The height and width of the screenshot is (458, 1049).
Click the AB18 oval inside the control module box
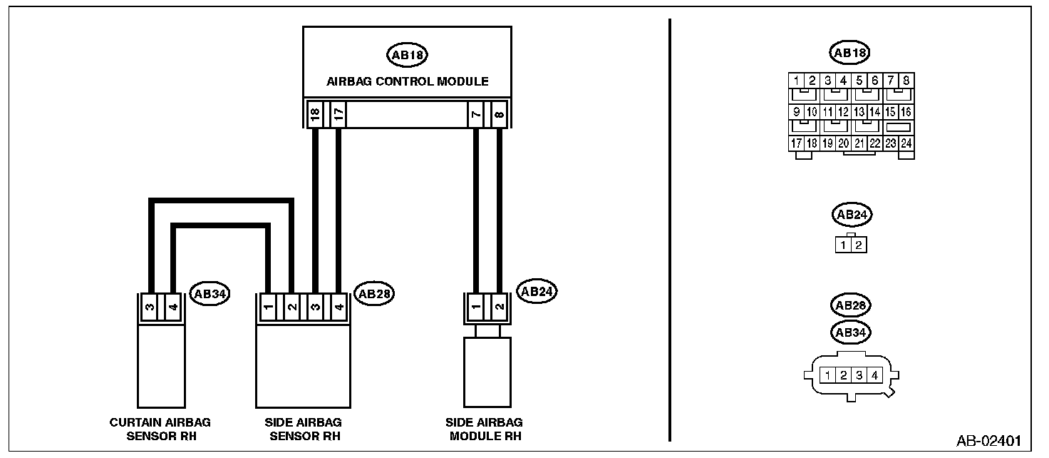[408, 55]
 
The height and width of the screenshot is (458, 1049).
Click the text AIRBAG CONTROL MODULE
[408, 81]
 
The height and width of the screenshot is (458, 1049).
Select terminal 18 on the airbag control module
[314, 114]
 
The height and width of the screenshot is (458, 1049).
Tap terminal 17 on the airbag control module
[339, 114]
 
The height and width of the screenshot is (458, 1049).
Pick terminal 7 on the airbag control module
[475, 114]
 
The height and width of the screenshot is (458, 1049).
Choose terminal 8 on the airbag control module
[499, 114]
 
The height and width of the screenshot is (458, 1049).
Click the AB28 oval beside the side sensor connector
[374, 293]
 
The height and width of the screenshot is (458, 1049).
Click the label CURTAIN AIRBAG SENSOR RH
[160, 429]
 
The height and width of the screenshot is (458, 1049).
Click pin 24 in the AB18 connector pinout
[906, 143]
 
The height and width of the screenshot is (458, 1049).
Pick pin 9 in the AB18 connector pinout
[797, 112]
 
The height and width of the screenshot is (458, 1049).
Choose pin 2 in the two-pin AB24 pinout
[859, 245]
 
